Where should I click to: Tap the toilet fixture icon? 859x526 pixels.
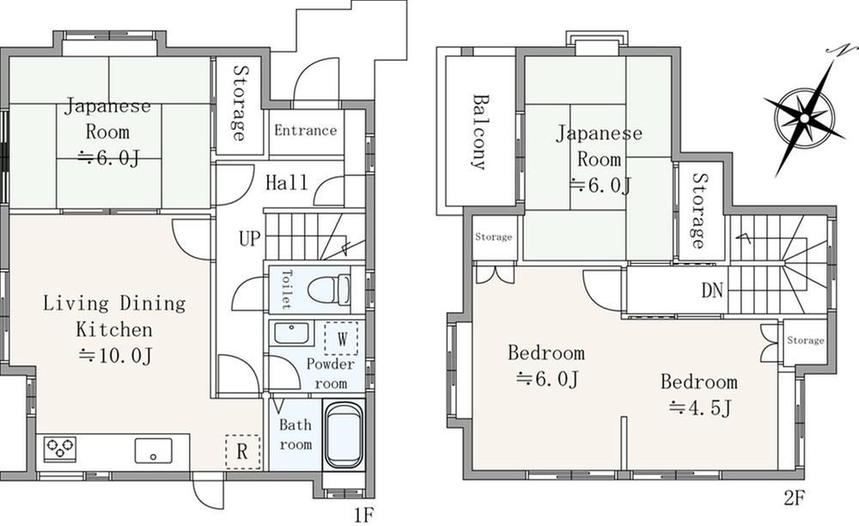click(x=330, y=290)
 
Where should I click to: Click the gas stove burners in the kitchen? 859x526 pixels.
click(x=59, y=448)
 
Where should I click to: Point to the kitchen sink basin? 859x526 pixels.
click(x=154, y=451)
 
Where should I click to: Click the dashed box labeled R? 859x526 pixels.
click(x=243, y=452)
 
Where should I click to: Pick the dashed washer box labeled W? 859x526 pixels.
click(x=341, y=339)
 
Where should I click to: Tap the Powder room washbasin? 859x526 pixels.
click(x=291, y=333)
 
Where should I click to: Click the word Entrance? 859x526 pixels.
click(x=305, y=131)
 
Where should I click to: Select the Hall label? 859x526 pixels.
click(x=287, y=182)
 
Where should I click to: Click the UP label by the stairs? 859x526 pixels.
click(x=250, y=238)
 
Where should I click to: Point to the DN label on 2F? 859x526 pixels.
click(x=712, y=291)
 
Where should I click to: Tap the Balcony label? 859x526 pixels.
click(x=480, y=132)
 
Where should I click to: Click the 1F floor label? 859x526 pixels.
click(x=362, y=515)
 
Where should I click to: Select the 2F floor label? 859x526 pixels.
click(x=794, y=498)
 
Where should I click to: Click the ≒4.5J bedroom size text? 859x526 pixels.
click(x=700, y=408)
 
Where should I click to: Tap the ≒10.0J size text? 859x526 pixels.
click(x=115, y=356)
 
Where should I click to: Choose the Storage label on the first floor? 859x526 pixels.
click(x=239, y=103)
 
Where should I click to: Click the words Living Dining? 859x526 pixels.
click(x=114, y=303)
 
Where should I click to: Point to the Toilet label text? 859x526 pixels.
click(x=286, y=290)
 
